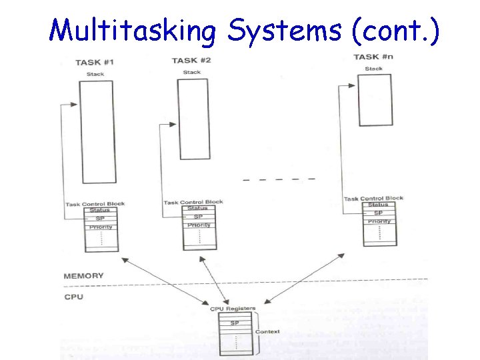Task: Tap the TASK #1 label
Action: (95, 63)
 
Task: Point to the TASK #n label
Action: (373, 57)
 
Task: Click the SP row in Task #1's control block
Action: (101, 219)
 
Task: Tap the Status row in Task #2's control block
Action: (198, 209)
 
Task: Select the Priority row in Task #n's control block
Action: (379, 221)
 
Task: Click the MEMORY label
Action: (83, 276)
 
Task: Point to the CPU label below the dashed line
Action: (74, 297)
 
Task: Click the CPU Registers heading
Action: (233, 309)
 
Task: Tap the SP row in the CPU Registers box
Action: (235, 323)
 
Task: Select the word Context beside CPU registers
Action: (268, 331)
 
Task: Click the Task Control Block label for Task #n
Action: (373, 198)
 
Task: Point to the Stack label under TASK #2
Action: (192, 72)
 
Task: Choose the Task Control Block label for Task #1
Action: (95, 204)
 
